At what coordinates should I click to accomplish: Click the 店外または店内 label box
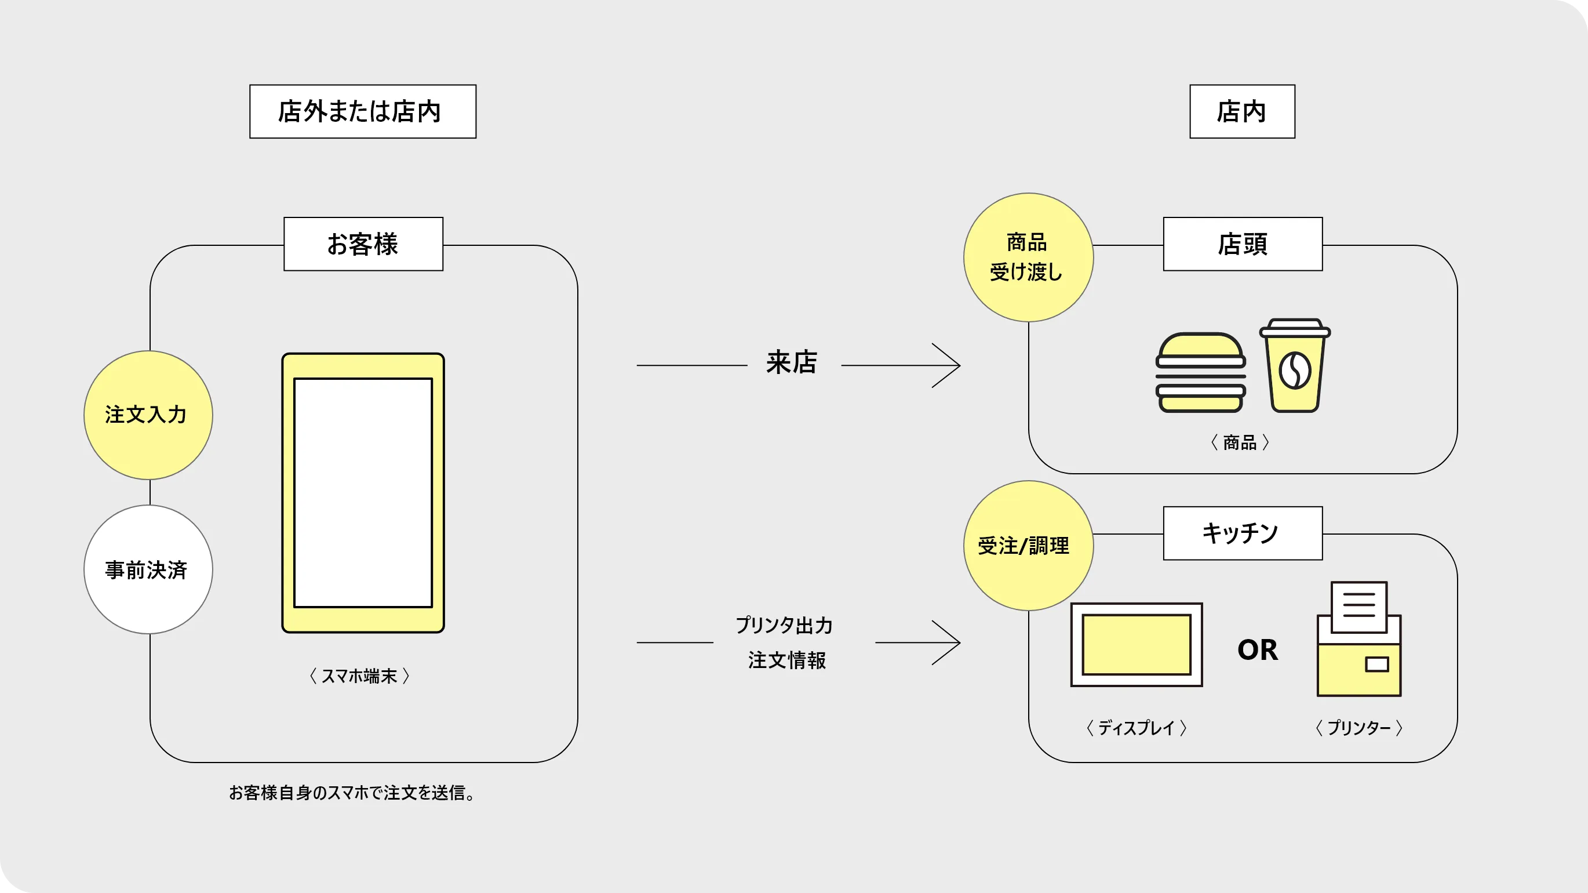(362, 111)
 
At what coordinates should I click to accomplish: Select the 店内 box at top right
(1241, 111)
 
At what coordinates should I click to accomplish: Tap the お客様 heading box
(363, 244)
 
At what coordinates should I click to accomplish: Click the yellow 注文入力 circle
(148, 415)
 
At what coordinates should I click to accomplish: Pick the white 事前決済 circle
(148, 569)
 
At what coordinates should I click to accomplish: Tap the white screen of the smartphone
(363, 493)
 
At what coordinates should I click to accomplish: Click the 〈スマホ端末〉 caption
(359, 676)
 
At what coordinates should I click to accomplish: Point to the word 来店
(792, 362)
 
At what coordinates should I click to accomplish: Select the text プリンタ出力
(784, 625)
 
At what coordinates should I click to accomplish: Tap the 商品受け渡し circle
(1028, 257)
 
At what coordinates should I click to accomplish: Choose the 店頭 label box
(1242, 244)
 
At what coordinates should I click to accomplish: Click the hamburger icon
(1200, 373)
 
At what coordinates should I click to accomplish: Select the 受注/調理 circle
(1028, 545)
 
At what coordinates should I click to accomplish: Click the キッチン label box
(1242, 533)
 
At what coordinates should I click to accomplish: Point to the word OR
(1258, 649)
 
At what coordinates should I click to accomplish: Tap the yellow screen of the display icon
(1136, 644)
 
